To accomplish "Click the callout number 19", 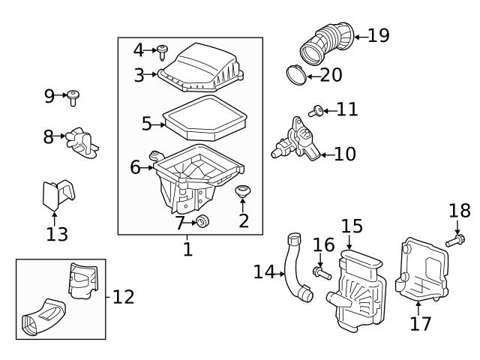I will pos(379,36).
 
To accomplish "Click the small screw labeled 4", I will pos(162,51).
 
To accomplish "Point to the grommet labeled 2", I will pos(243,193).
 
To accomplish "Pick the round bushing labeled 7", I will pos(201,221).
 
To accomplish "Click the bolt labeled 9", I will pos(73,95).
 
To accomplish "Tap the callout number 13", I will pos(57,234).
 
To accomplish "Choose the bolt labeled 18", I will pos(455,241).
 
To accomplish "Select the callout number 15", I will pos(352,226).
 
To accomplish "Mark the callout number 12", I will pos(124,297).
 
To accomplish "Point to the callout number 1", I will pos(187,248).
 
